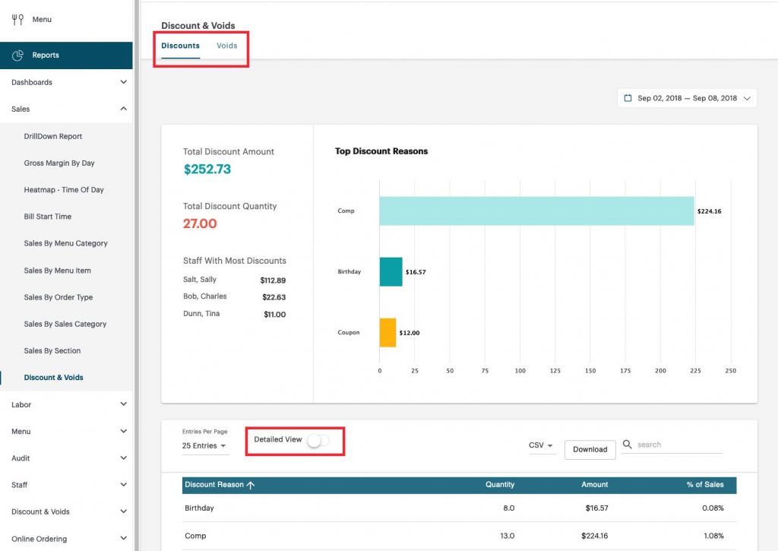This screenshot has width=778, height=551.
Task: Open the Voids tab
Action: [226, 46]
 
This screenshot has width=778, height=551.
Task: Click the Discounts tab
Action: [180, 46]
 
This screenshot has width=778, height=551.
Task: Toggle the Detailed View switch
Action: [318, 440]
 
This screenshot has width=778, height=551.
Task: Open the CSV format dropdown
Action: [541, 446]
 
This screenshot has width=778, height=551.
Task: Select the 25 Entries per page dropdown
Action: [204, 446]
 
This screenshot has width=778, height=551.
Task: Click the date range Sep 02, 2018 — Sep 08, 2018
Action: [687, 98]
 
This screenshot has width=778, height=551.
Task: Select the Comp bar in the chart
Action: [536, 211]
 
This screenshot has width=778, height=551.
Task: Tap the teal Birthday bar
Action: [391, 271]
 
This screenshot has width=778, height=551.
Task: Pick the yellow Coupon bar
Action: [387, 333]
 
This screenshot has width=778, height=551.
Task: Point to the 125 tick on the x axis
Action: [555, 371]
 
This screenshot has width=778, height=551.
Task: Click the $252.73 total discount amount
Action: [207, 169]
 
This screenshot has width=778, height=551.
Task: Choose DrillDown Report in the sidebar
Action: [53, 137]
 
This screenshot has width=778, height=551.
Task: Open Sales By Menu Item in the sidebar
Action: [57, 271]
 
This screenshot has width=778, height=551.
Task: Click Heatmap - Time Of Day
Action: [64, 190]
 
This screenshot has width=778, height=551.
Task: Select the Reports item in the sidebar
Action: [46, 55]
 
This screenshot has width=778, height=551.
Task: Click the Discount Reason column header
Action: [219, 485]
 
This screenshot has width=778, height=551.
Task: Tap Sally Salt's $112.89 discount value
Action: [273, 280]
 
